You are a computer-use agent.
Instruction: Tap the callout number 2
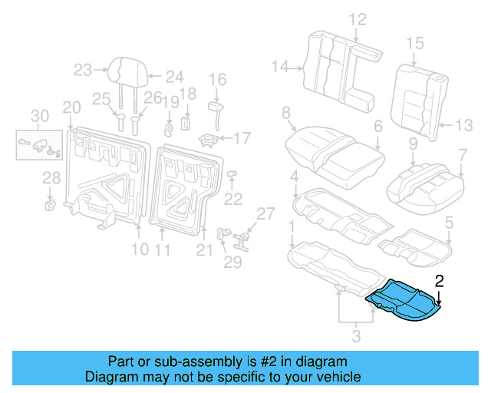(439, 281)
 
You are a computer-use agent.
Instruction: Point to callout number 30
(38, 116)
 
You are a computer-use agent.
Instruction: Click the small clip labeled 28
(50, 203)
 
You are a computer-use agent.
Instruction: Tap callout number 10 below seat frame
(139, 249)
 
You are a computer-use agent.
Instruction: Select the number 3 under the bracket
(355, 335)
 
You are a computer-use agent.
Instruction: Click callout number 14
(280, 68)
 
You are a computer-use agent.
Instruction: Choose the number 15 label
(414, 42)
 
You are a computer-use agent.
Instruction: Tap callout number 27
(264, 213)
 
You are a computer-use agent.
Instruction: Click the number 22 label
(232, 199)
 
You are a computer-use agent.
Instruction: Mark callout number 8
(285, 114)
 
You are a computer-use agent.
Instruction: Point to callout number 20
(71, 107)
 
